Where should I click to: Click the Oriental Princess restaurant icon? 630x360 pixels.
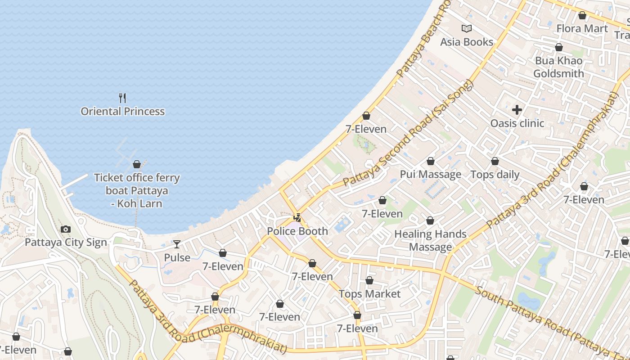[122, 98]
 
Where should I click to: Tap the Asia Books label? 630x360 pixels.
[467, 42]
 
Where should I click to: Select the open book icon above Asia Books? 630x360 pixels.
[467, 29]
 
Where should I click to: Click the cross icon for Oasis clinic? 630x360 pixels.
[517, 109]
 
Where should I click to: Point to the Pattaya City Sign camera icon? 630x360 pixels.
[66, 229]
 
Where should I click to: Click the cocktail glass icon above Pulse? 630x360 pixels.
[177, 244]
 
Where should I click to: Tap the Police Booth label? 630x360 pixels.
[297, 231]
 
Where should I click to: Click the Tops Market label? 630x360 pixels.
[369, 294]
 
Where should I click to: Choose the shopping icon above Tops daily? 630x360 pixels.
[495, 161]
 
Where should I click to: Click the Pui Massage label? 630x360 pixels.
[431, 175]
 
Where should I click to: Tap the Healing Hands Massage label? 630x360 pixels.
[430, 240]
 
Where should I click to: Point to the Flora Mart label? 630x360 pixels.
[582, 29]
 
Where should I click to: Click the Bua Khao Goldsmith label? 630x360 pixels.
[558, 67]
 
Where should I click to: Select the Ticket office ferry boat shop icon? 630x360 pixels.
[137, 164]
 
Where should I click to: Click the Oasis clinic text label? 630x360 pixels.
[517, 123]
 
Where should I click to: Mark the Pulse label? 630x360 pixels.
[177, 258]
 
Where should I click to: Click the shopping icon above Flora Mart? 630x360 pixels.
[582, 15]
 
